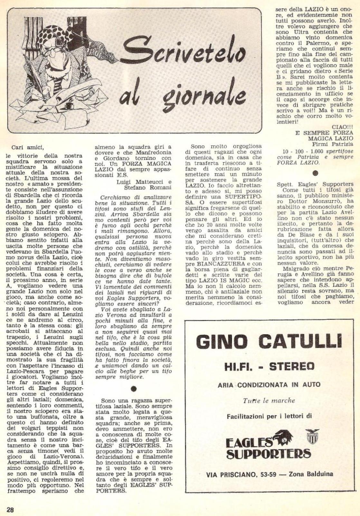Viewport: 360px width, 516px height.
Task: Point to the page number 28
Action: coord(10,510)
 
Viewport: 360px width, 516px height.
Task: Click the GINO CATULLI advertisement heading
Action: coord(269,342)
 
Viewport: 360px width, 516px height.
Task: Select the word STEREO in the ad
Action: coord(292,366)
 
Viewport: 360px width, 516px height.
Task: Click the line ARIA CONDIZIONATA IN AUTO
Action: coord(269,385)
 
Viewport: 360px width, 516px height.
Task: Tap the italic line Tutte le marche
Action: coord(269,401)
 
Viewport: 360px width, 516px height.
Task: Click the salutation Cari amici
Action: coord(27,148)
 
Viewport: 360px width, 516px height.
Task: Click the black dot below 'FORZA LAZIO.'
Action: coord(315,173)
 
